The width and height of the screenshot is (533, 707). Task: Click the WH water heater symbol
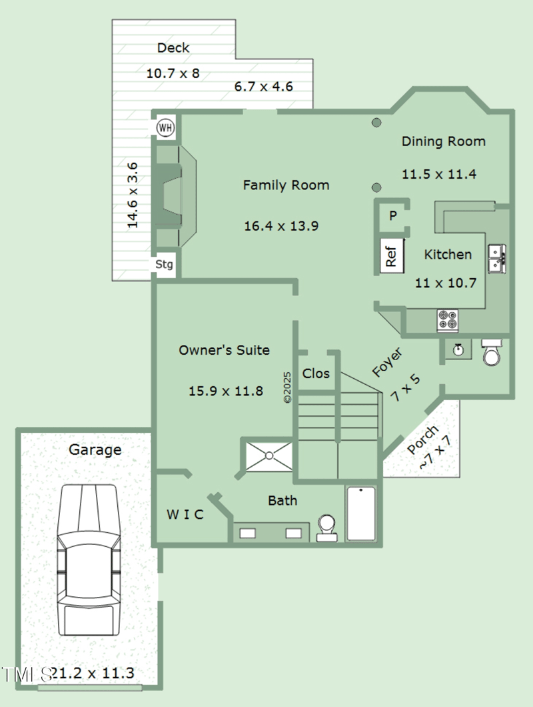click(165, 127)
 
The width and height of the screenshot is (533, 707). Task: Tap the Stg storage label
click(165, 265)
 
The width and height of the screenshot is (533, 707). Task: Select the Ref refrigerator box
click(391, 255)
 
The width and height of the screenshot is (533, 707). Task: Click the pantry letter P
click(393, 215)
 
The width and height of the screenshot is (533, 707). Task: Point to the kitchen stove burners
click(447, 320)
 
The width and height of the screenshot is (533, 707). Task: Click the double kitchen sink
click(497, 258)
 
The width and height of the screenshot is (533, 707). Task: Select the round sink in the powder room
click(458, 349)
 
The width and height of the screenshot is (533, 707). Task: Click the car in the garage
click(88, 560)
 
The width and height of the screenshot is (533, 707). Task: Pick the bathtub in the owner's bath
click(361, 514)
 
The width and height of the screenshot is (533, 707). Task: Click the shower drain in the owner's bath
click(269, 456)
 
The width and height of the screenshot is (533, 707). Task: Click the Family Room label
click(286, 185)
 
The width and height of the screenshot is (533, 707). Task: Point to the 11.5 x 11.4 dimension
click(439, 174)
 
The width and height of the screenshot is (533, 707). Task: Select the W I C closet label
click(185, 514)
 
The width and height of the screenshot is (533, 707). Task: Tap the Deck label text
click(173, 48)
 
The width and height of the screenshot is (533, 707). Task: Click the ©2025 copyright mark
click(287, 387)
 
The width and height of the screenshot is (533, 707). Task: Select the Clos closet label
click(316, 374)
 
